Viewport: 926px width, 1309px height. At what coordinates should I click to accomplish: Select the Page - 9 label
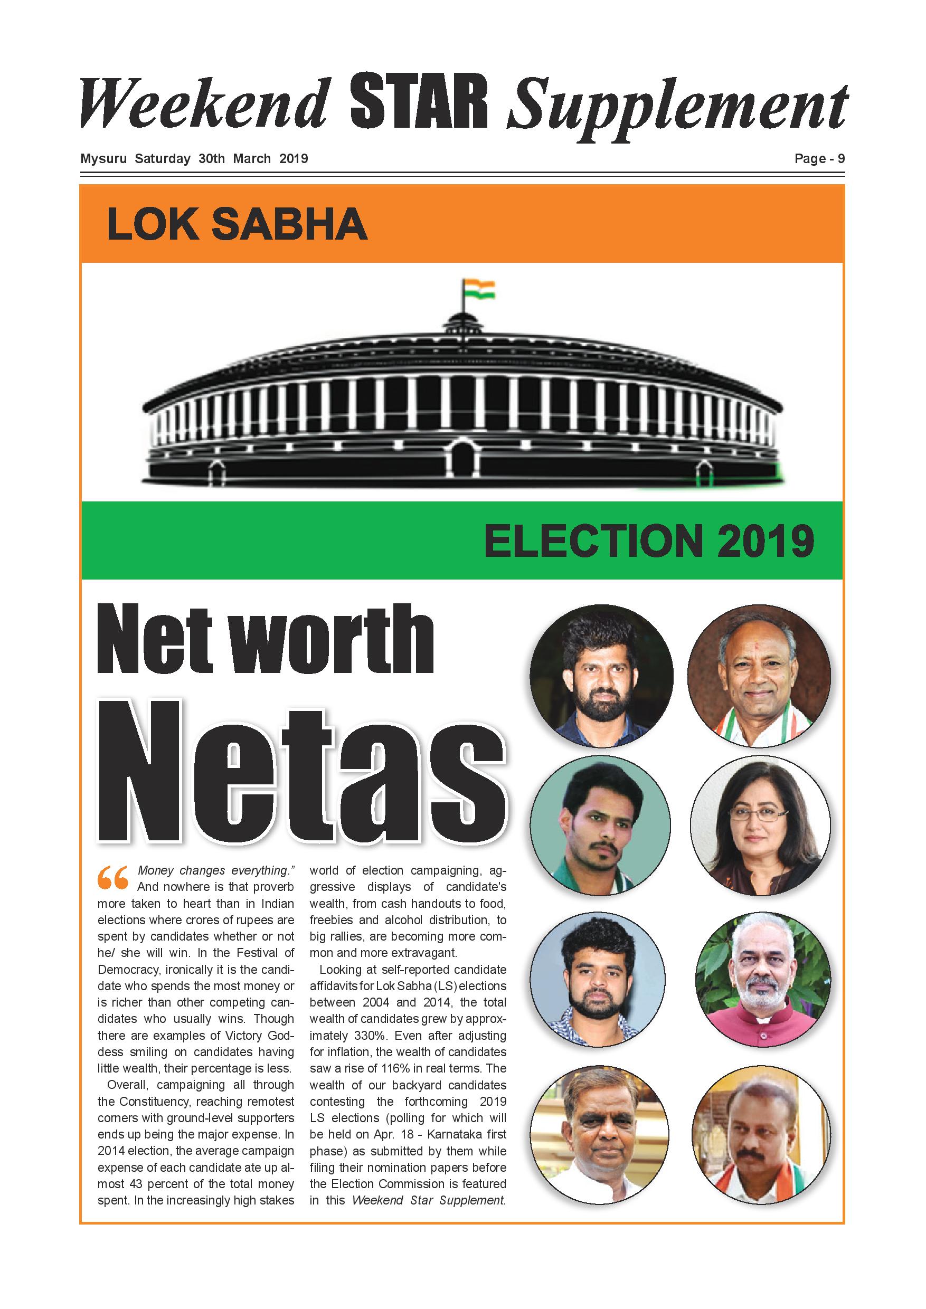pyautogui.click(x=819, y=159)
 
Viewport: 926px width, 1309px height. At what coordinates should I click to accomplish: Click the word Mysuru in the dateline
pyautogui.click(x=103, y=158)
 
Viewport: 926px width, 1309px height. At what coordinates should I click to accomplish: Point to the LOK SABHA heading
pyautogui.click(x=237, y=225)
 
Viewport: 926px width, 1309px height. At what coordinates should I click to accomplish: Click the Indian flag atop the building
pyautogui.click(x=478, y=289)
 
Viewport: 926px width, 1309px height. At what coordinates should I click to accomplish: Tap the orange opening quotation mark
pyautogui.click(x=112, y=878)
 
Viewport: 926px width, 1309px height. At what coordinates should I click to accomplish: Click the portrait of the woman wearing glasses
pyautogui.click(x=760, y=826)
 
